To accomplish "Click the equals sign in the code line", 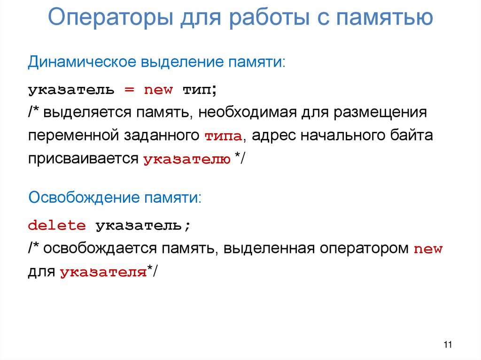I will tap(129, 89).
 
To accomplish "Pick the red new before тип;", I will tap(158, 89).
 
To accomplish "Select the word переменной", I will tap(72, 136).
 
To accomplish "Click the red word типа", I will tap(223, 137).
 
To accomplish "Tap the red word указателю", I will tap(186, 160).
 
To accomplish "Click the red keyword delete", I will tap(57, 226).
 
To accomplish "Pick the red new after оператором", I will tap(428, 249).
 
